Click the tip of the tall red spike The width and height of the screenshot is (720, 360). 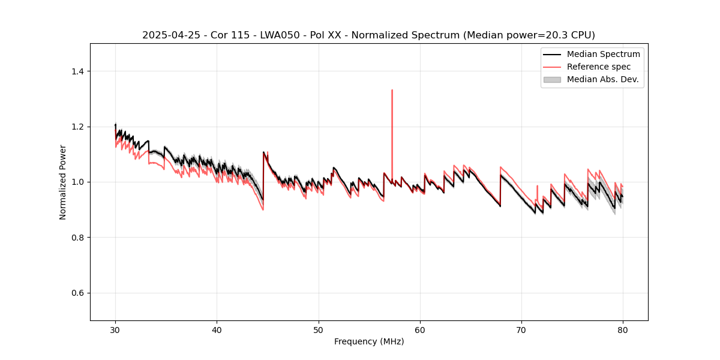point(392,90)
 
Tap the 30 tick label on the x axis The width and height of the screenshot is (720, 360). point(115,330)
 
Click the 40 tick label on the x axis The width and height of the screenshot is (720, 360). point(217,330)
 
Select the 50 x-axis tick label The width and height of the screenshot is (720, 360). point(319,330)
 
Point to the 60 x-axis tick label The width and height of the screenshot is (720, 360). point(420,330)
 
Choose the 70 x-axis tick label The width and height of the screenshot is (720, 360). point(521,330)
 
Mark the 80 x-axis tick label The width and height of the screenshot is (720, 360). point(623,330)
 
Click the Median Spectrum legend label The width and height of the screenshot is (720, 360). point(603,54)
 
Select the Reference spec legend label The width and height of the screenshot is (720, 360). point(599,67)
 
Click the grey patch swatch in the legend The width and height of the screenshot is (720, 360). point(552,79)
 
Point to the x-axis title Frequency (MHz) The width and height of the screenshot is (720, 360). point(369,341)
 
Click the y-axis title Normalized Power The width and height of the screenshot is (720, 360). point(63,182)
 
